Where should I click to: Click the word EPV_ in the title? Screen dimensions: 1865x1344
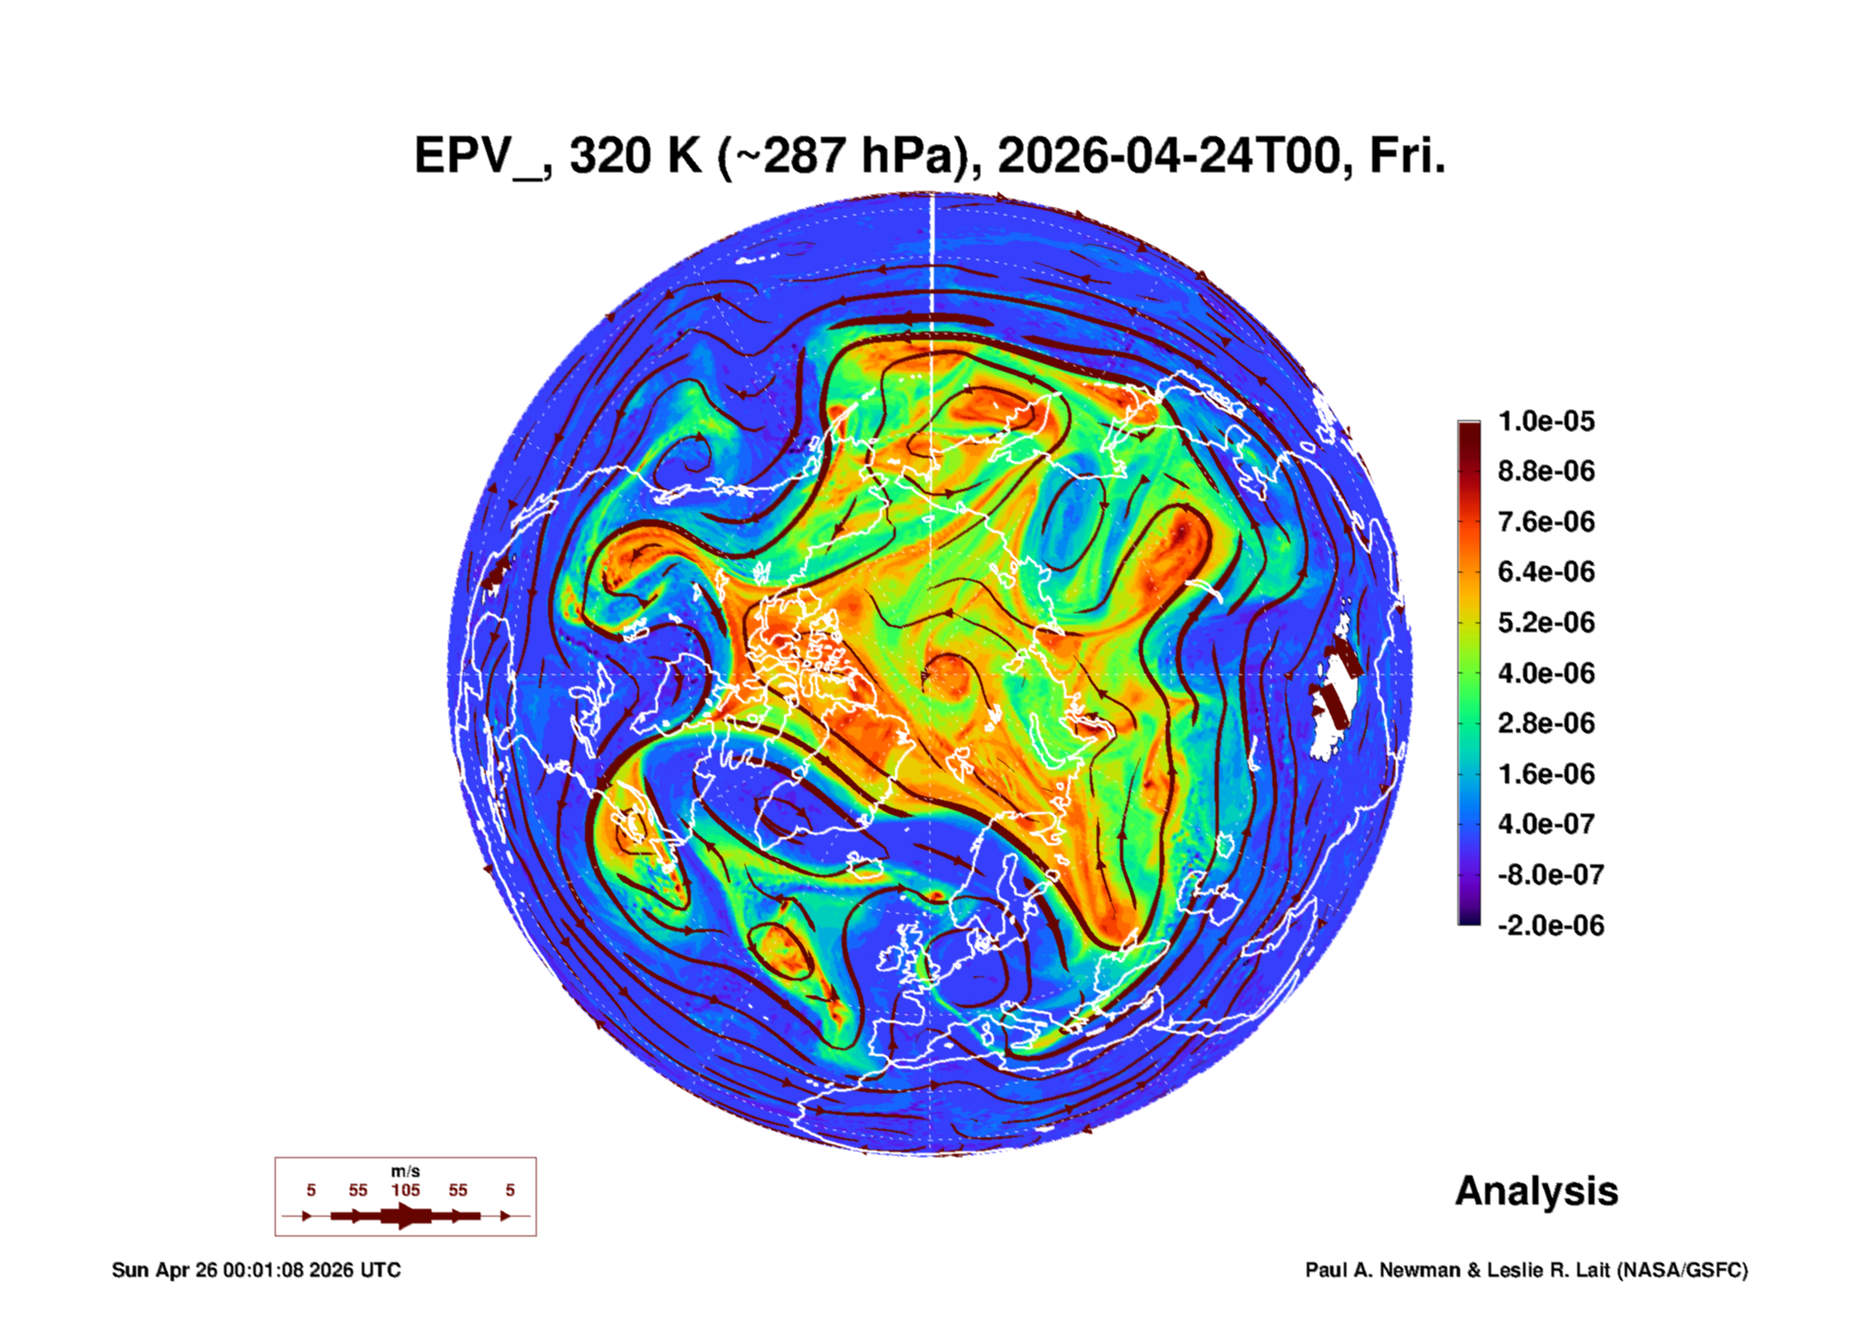click(479, 157)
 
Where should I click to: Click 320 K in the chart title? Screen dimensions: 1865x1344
click(636, 156)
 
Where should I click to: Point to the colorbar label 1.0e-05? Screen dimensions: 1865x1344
click(1546, 421)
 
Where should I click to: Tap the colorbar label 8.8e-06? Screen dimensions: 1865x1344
click(1546, 471)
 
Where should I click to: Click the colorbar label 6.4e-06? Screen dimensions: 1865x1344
click(1546, 572)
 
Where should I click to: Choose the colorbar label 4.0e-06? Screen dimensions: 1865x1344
click(1546, 672)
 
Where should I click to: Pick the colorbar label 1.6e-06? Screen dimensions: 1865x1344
click(1546, 773)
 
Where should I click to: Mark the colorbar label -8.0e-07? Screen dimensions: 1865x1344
click(1551, 875)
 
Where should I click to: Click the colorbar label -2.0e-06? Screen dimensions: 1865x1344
click(1551, 926)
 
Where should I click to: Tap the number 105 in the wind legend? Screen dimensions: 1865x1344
click(406, 1190)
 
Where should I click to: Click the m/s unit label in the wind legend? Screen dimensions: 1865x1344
click(406, 1172)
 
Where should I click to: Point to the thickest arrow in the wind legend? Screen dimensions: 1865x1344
click(406, 1216)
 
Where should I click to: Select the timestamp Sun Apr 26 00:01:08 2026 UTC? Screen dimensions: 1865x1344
click(256, 1270)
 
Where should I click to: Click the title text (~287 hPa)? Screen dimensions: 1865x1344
click(849, 157)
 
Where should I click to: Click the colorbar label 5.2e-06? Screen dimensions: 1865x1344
click(1546, 622)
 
